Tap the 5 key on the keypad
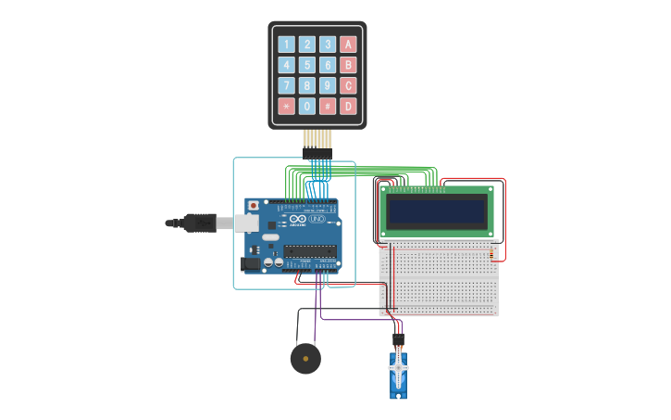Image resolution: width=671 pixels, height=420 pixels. (x=306, y=65)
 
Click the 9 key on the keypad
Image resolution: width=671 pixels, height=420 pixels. (x=328, y=85)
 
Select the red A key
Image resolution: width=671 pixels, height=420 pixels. (x=348, y=45)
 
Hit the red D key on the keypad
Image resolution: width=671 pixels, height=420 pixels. (x=348, y=106)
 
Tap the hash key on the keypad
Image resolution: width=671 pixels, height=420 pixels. (x=328, y=106)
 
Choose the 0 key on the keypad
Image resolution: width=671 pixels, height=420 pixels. (x=306, y=106)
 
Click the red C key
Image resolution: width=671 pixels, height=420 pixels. (x=348, y=85)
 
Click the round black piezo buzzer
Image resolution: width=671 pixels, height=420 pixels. (x=305, y=358)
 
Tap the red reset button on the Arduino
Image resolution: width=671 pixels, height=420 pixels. (x=254, y=205)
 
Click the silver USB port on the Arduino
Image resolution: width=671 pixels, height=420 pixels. (x=245, y=223)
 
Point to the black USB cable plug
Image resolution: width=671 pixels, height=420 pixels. (x=199, y=223)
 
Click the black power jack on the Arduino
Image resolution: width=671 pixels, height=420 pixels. (x=250, y=263)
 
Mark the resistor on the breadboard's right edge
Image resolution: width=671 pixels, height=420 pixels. (x=491, y=252)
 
